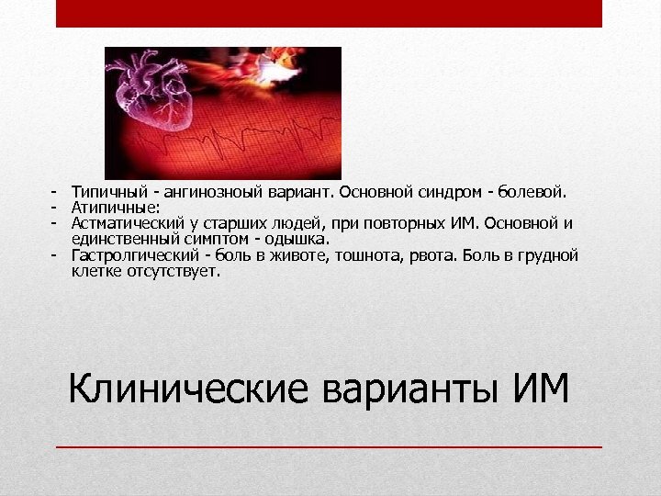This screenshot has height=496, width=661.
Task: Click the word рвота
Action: (427, 255)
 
